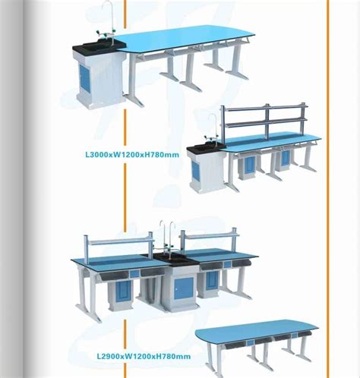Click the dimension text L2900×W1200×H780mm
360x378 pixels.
pyautogui.click(x=144, y=355)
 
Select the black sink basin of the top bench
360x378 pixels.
pyautogui.click(x=99, y=47)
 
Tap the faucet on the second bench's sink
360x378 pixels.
pyautogui.click(x=212, y=124)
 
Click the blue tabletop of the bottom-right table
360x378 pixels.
pyautogui.click(x=258, y=331)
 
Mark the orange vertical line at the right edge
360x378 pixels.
pyautogui.click(x=328, y=189)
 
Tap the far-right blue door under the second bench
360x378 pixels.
pyautogui.click(x=286, y=159)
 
